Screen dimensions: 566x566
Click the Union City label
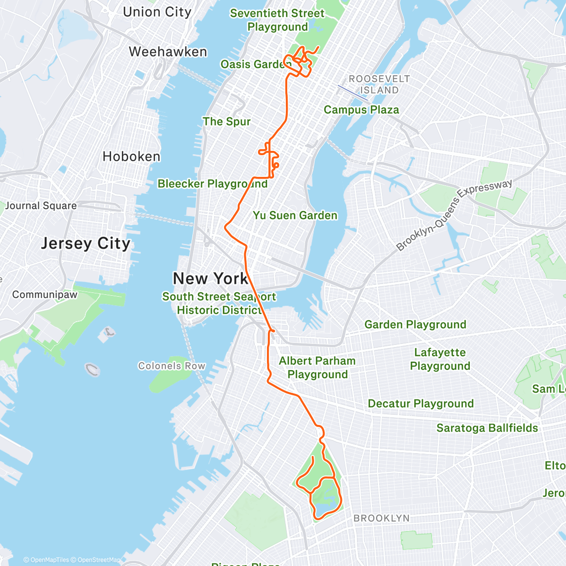pos(157,12)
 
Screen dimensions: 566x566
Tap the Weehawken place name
pos(168,51)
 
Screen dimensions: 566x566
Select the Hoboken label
pos(132,156)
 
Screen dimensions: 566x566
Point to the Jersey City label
pos(85,243)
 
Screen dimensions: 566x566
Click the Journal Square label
pos(41,206)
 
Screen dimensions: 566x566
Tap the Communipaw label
pos(45,294)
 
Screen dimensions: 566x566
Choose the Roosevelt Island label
pos(379,84)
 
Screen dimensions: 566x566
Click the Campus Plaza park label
pos(361,110)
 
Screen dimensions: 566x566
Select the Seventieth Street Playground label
pos(277,20)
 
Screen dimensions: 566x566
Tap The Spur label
pos(226,122)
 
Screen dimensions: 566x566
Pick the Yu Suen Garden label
pos(295,216)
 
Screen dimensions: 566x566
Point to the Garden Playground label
pos(415,325)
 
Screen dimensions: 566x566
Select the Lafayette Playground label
pos(440,359)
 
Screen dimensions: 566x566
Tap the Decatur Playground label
pos(421,404)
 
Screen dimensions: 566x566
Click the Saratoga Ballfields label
pos(487,428)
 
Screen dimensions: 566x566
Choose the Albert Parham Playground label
pos(317,367)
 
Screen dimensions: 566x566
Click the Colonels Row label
pos(172,366)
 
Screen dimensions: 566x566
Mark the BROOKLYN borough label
pos(382,518)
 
